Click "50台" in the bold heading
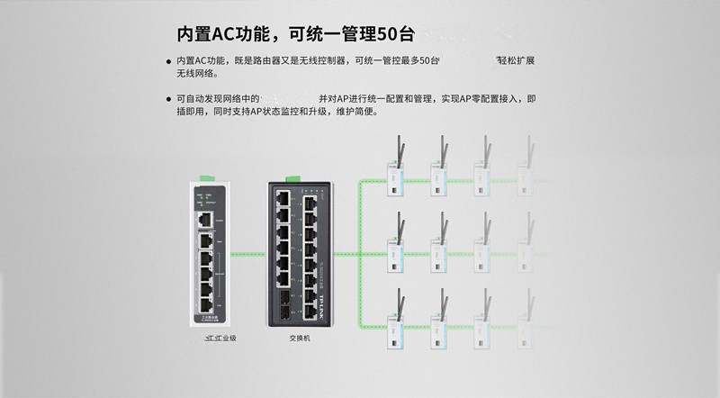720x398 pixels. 396,34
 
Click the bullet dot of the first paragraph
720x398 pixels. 168,61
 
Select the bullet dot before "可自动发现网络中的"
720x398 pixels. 168,98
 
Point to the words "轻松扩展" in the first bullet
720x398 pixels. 515,60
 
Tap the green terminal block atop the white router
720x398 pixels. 209,178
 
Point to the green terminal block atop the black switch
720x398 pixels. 291,176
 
